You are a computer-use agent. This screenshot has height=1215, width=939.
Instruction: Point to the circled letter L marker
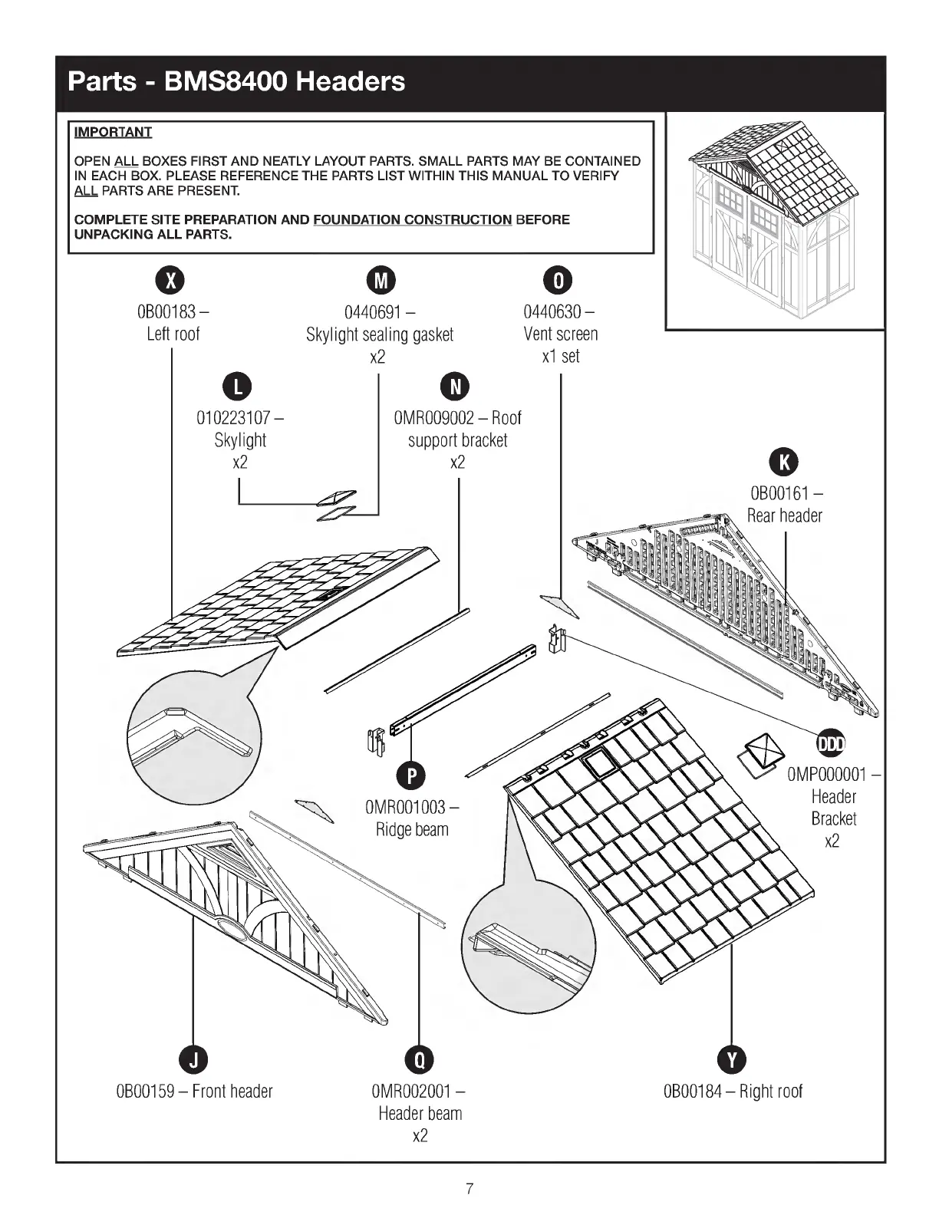[239, 387]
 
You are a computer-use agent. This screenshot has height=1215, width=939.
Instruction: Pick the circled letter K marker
[784, 462]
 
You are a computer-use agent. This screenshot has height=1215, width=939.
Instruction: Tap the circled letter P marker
[412, 776]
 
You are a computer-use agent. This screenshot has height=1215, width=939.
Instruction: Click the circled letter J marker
[193, 1059]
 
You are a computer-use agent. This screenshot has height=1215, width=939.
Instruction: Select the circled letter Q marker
[420, 1059]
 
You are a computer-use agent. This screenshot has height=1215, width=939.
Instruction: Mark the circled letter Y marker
[733, 1059]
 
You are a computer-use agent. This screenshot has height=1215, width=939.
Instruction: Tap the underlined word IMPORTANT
[113, 132]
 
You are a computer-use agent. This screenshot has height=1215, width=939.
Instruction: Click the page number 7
[470, 1190]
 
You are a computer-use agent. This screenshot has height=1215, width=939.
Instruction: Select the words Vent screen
[560, 334]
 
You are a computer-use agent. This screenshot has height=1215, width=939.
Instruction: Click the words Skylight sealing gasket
[380, 334]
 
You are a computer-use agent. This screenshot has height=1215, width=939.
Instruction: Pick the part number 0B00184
[693, 1091]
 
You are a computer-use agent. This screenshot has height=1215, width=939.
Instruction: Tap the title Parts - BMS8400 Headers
[236, 81]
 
